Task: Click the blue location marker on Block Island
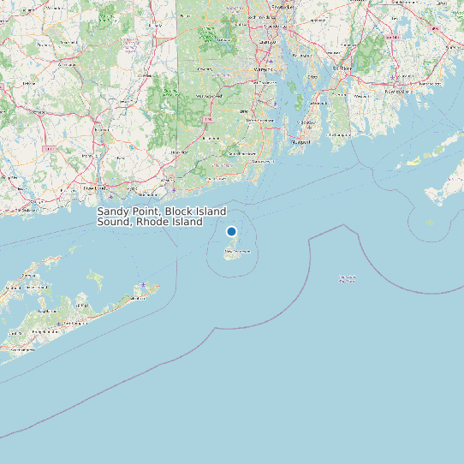(231, 231)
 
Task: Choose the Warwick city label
(262, 68)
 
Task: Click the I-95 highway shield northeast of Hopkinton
(207, 120)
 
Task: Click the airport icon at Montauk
(143, 285)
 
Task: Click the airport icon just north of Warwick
(271, 61)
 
